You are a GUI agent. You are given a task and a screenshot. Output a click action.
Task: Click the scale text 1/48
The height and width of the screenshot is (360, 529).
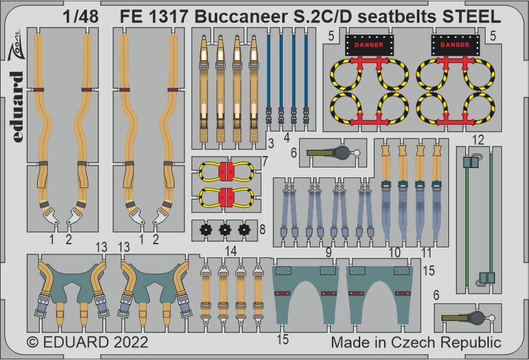[81, 16]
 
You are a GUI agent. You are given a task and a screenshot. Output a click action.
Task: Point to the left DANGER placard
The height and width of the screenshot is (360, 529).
[369, 45]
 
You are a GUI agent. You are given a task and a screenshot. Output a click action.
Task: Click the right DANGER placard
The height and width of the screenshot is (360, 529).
[455, 45]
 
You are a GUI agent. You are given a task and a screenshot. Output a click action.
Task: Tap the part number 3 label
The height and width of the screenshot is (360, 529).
[271, 143]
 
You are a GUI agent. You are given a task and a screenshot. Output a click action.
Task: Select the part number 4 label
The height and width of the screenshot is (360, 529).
[287, 138]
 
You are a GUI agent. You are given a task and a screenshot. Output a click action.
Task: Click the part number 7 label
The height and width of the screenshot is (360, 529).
[265, 161]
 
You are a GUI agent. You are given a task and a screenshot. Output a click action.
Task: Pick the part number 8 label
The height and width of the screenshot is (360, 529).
[262, 230]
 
